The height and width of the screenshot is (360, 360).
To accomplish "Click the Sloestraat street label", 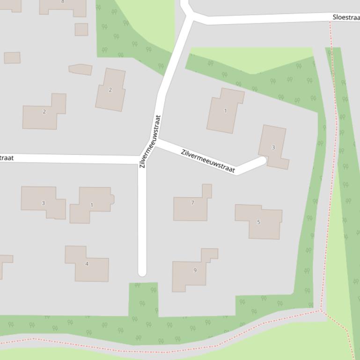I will tap(345, 17).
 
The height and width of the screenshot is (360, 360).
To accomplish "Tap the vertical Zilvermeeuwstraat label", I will tap(150, 142).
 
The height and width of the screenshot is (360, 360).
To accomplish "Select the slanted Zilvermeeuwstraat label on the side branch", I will tap(208, 161).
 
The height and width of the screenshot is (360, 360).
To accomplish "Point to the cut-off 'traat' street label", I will tap(7, 158).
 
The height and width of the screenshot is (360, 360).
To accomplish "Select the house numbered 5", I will tap(259, 222).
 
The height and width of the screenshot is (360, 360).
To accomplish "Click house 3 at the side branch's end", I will tap(273, 146).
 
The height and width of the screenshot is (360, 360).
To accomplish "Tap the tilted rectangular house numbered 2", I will tap(110, 90).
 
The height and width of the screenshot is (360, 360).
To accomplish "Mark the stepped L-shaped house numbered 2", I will tap(44, 112).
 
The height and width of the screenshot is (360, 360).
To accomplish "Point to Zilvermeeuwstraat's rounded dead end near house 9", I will tap(142, 271).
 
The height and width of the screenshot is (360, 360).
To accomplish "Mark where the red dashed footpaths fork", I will tap(321, 310).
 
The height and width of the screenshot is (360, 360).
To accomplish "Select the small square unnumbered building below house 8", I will tap(81, 29).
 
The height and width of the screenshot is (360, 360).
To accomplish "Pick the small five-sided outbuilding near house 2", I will tap(81, 69).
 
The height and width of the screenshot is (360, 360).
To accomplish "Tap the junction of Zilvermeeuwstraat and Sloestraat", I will tap(191, 18).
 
